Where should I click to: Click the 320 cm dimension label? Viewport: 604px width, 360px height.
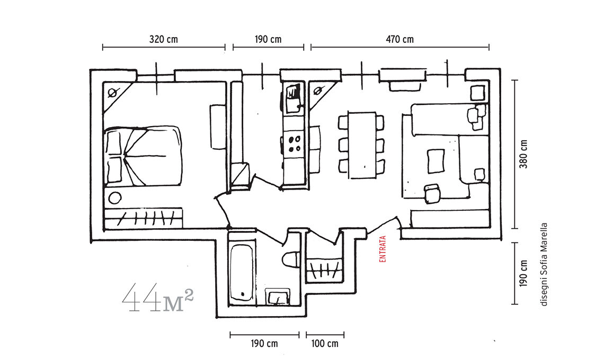pos(163,39)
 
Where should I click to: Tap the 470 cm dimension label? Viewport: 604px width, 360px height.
pos(399,39)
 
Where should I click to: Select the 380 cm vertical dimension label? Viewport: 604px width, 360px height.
pos(523,154)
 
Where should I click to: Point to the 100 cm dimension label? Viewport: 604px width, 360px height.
pos(325,344)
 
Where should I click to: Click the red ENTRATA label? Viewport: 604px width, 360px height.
pos(383,249)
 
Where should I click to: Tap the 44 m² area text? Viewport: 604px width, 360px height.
pos(157,297)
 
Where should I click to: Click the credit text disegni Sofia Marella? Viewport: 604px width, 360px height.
pos(544,265)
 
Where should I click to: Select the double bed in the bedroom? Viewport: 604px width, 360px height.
pos(143,155)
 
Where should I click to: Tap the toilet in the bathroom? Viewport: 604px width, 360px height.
pos(291,259)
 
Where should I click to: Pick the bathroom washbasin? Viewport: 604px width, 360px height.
pos(278,297)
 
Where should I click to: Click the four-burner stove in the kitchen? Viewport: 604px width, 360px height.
pos(295,143)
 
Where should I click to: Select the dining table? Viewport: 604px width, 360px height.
pos(362,145)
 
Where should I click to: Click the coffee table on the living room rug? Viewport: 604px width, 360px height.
pos(436,161)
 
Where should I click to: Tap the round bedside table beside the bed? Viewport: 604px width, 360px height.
pos(115,198)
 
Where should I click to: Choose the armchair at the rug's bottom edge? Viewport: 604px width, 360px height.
pos(432,193)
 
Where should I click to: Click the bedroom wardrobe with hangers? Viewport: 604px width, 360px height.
pos(143,218)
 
